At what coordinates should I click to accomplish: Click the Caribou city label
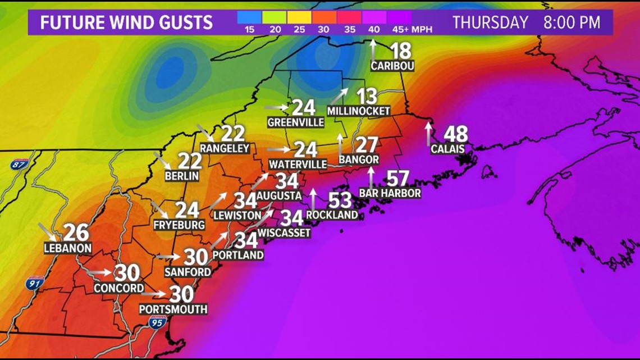pos(392,66)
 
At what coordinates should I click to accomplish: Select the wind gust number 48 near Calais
pos(455,135)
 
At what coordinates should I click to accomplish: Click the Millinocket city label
pos(358,111)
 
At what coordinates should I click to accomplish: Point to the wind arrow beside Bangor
pos(340,145)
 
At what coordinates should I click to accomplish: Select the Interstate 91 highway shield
pos(34,284)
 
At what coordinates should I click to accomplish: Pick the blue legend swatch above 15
pos(250,17)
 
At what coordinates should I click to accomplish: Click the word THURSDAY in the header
pos(490,22)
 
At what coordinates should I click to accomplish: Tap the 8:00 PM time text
pos(572,22)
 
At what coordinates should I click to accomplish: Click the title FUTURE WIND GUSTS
pos(126,22)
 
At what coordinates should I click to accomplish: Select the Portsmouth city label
pos(173,309)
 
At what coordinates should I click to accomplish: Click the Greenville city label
pos(296,122)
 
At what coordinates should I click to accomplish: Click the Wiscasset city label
pos(284,233)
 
